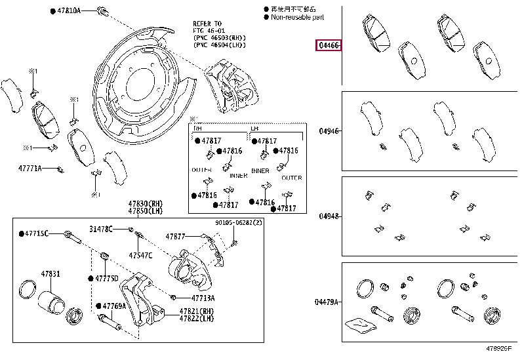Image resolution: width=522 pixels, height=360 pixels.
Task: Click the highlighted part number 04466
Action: pyautogui.click(x=329, y=46)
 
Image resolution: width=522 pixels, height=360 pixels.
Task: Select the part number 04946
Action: pyautogui.click(x=329, y=131)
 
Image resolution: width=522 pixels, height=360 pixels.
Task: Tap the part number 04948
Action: pyautogui.click(x=329, y=216)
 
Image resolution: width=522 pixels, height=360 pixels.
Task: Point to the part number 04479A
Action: pyautogui.click(x=327, y=302)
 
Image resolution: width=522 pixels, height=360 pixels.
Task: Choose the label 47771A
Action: pyautogui.click(x=30, y=169)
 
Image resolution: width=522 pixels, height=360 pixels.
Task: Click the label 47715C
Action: pyautogui.click(x=35, y=233)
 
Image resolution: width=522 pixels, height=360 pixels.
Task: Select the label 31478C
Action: pyautogui.click(x=101, y=228)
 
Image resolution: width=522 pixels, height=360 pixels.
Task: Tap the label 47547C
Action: pyautogui.click(x=140, y=254)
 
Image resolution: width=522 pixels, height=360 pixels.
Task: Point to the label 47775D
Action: pyautogui.click(x=106, y=278)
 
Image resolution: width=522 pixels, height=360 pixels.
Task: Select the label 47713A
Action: pyautogui.click(x=184, y=298)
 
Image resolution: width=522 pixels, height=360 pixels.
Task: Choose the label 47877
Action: pyautogui.click(x=175, y=236)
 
